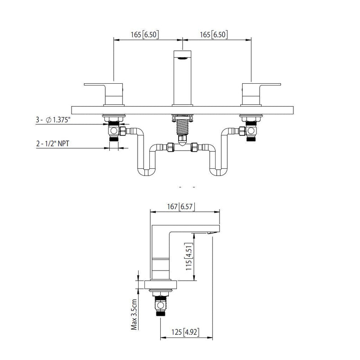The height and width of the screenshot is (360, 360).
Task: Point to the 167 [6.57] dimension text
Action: point(180,207)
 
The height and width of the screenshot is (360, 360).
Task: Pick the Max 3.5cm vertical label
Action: point(134,315)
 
